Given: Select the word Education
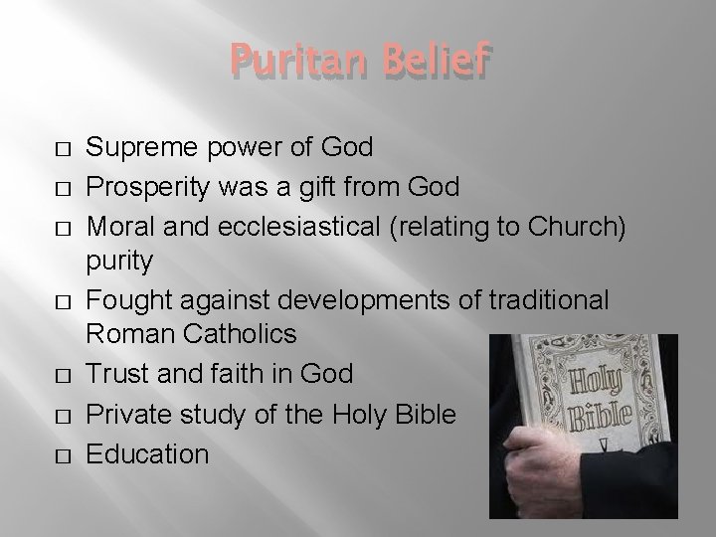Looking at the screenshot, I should coord(148,454).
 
